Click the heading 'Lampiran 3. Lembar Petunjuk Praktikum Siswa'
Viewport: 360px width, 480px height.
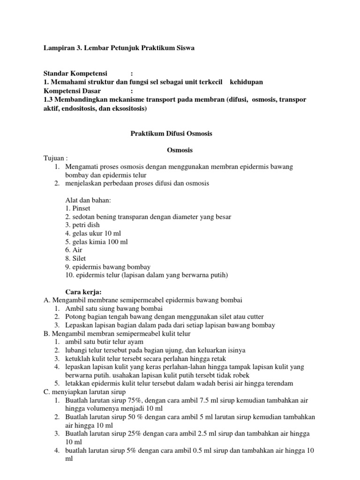[119, 48]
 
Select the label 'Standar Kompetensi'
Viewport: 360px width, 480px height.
[75, 74]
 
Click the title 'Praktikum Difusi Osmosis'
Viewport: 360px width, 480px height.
[171, 134]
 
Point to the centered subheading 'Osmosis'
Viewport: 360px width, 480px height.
[180, 150]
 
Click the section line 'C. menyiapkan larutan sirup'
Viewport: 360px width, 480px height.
[84, 391]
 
